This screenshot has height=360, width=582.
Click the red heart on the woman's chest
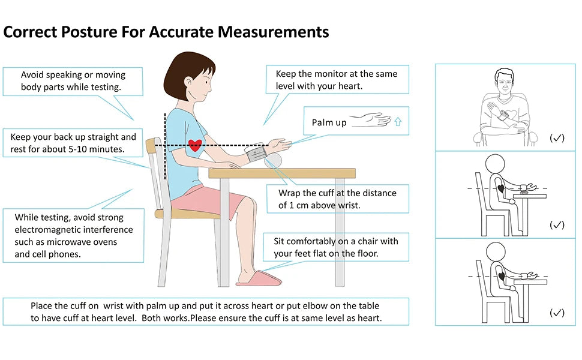[194, 145]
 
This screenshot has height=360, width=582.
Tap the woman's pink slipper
[257, 278]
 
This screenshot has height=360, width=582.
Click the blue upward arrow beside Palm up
[398, 122]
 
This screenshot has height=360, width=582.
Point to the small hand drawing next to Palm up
[370, 121]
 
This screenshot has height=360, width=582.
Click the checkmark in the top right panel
[557, 138]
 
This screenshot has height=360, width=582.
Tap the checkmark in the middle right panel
[557, 225]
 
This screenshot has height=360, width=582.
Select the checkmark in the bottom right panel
[557, 313]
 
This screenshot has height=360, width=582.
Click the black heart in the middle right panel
[501, 188]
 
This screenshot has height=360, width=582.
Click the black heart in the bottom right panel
[501, 275]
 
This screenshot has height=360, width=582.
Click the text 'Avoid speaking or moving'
[73, 75]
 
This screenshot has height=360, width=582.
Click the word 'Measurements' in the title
[273, 32]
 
